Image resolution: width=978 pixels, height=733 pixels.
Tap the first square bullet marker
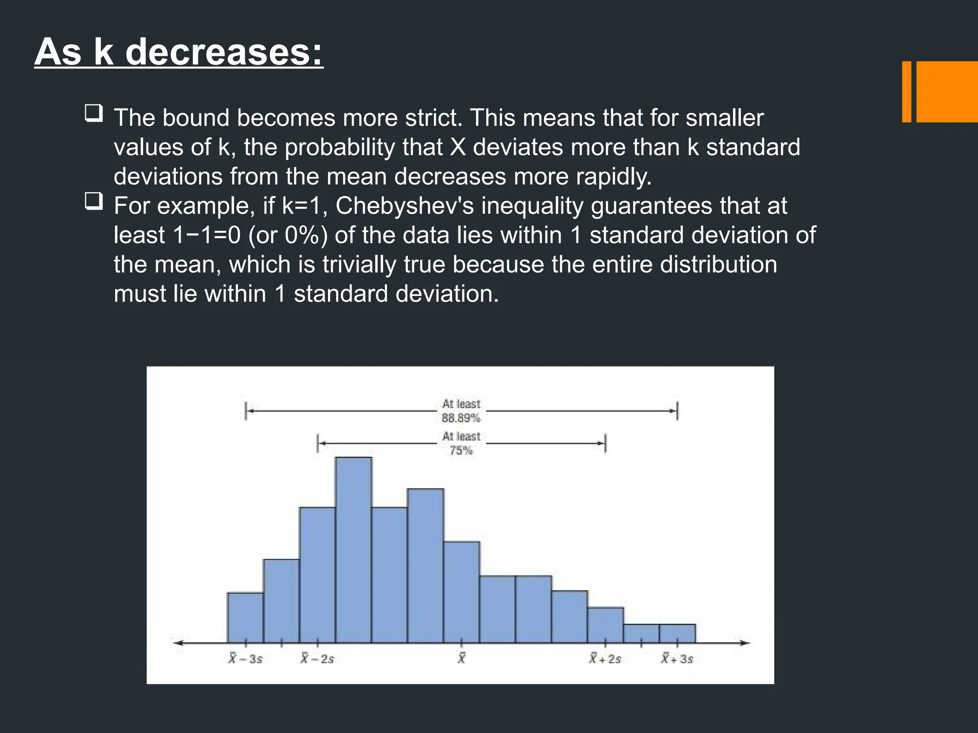[94, 114]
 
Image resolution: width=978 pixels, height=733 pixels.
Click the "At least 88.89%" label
[461, 411]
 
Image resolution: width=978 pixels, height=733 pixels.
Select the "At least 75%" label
[461, 443]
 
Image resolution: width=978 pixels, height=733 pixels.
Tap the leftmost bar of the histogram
[245, 618]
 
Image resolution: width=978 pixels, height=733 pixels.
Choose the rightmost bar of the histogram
[677, 634]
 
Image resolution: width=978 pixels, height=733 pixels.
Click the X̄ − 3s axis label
[245, 659]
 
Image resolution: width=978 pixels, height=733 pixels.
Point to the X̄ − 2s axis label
[317, 659]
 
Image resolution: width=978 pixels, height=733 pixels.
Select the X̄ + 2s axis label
[605, 659]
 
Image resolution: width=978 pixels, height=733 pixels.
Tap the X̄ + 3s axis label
[677, 659]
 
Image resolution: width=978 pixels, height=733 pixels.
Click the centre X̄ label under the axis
[461, 659]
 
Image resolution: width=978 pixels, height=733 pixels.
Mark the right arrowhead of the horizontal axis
[746, 643]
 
